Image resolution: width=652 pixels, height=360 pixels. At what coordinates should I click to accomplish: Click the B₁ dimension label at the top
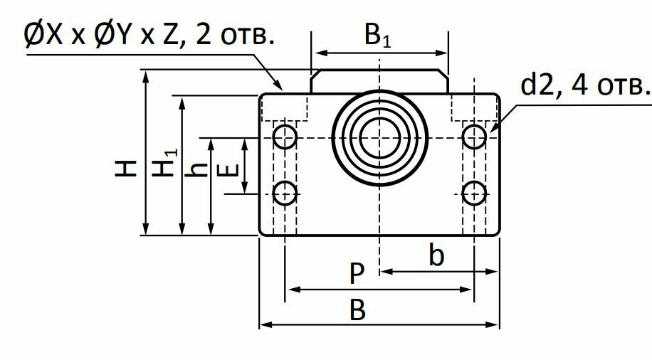pos(377,36)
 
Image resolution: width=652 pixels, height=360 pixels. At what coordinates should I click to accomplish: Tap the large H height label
pos(126,169)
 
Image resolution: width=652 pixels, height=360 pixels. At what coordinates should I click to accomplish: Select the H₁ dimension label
pos(164,163)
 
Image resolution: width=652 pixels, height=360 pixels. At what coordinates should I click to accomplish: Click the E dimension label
pos(228,169)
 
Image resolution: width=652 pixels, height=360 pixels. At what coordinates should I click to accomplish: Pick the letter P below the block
pos(357,273)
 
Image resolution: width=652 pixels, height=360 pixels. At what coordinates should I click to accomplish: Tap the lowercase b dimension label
pos(436,255)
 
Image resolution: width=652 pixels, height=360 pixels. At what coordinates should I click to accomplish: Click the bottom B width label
pos(357,309)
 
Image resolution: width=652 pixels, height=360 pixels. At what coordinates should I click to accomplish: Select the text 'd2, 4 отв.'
pos(585,85)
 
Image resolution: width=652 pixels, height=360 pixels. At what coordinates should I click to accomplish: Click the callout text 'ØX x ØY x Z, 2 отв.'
pos(149,35)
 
